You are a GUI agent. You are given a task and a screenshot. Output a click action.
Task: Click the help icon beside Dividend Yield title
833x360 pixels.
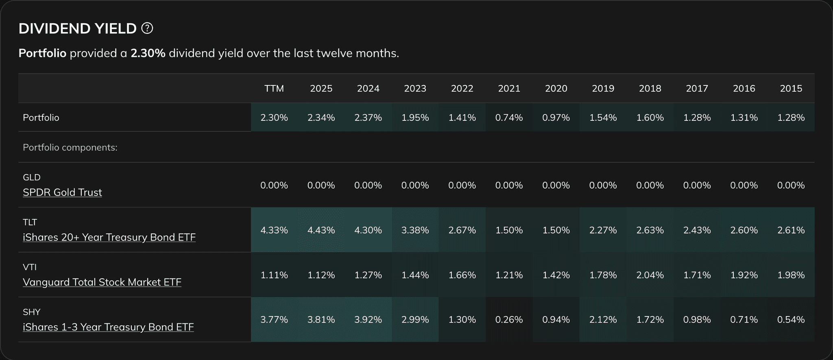[x=147, y=28]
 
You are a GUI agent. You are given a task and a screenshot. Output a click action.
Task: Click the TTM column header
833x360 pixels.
[x=274, y=89]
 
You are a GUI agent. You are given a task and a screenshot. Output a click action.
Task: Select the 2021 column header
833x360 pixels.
[x=509, y=89]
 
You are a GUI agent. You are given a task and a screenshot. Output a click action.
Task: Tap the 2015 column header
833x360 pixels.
[x=791, y=89]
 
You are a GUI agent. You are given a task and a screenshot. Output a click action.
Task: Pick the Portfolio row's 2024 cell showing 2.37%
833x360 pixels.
[x=368, y=118]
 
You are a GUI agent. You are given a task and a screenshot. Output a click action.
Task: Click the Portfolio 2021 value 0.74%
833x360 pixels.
[x=509, y=118]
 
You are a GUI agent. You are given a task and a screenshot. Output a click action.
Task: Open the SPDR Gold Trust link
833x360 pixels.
[x=62, y=192]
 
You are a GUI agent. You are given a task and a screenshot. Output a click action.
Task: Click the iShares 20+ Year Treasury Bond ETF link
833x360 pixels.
[x=109, y=237]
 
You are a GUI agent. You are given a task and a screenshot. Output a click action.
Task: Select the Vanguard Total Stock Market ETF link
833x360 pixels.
[x=102, y=282]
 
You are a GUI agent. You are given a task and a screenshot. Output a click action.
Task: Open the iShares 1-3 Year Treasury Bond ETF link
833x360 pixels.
[x=108, y=327]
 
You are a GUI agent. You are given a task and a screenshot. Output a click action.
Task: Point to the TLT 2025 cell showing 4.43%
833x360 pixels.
[x=321, y=230]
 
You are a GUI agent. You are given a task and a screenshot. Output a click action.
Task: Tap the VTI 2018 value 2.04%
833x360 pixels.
[x=650, y=275]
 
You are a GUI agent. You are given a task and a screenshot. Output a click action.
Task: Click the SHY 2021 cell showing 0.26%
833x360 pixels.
[x=509, y=320]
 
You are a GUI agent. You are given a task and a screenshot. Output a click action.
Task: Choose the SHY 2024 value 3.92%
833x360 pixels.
[x=368, y=320]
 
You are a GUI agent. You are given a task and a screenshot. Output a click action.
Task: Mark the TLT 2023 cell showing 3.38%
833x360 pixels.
[x=415, y=230]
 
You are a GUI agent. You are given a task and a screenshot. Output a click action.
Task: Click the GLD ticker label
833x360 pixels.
[x=32, y=177]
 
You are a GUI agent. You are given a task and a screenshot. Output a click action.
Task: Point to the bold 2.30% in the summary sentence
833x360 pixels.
[x=148, y=53]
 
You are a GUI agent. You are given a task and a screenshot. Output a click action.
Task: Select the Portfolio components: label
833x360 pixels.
[x=70, y=147]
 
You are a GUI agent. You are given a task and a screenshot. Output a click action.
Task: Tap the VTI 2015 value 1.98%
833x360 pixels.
[x=791, y=275]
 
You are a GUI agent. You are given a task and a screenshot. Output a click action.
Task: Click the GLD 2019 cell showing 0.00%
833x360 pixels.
[x=603, y=185]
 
